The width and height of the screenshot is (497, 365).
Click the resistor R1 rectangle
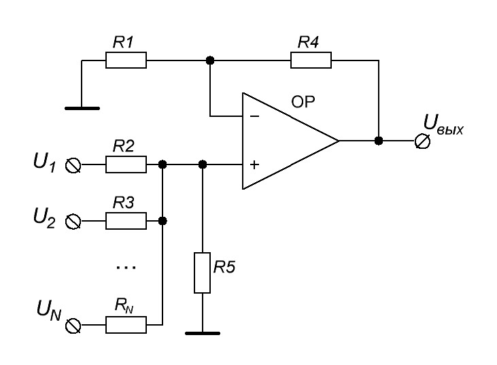[x=126, y=60]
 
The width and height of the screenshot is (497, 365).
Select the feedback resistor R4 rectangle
[x=311, y=60]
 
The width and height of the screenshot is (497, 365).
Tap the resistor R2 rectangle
[x=126, y=164]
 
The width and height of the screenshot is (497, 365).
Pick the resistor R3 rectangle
[x=126, y=221]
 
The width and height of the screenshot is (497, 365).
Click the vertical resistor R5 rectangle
[x=202, y=273]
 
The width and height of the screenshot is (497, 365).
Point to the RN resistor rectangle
[x=126, y=326]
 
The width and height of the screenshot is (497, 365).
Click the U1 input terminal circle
[x=73, y=164]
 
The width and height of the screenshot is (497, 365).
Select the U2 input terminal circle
[x=73, y=221]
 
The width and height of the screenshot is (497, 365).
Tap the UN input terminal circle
[x=73, y=326]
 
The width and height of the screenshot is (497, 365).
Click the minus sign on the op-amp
[x=254, y=116]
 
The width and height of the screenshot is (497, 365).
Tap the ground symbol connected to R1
[x=82, y=107]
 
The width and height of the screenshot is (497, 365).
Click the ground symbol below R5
[x=202, y=332]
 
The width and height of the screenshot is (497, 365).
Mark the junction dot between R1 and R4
[x=209, y=60]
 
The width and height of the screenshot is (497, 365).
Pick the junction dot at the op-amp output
[x=378, y=141]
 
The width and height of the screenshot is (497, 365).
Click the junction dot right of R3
[x=162, y=221]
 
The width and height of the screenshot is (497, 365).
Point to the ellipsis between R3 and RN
[x=126, y=268]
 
